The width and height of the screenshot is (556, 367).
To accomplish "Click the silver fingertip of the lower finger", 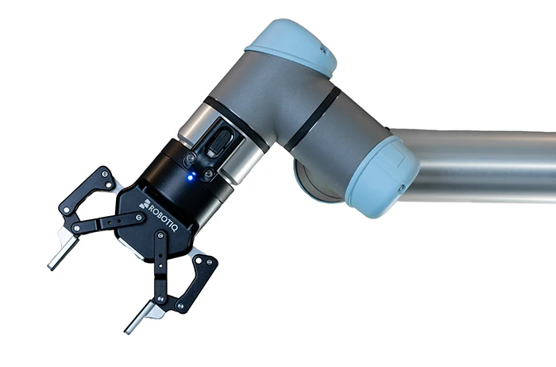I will coord(140,318).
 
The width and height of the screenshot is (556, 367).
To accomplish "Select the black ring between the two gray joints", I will coord(313,119).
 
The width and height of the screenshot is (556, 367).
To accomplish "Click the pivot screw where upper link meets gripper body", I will coord(140,217).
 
